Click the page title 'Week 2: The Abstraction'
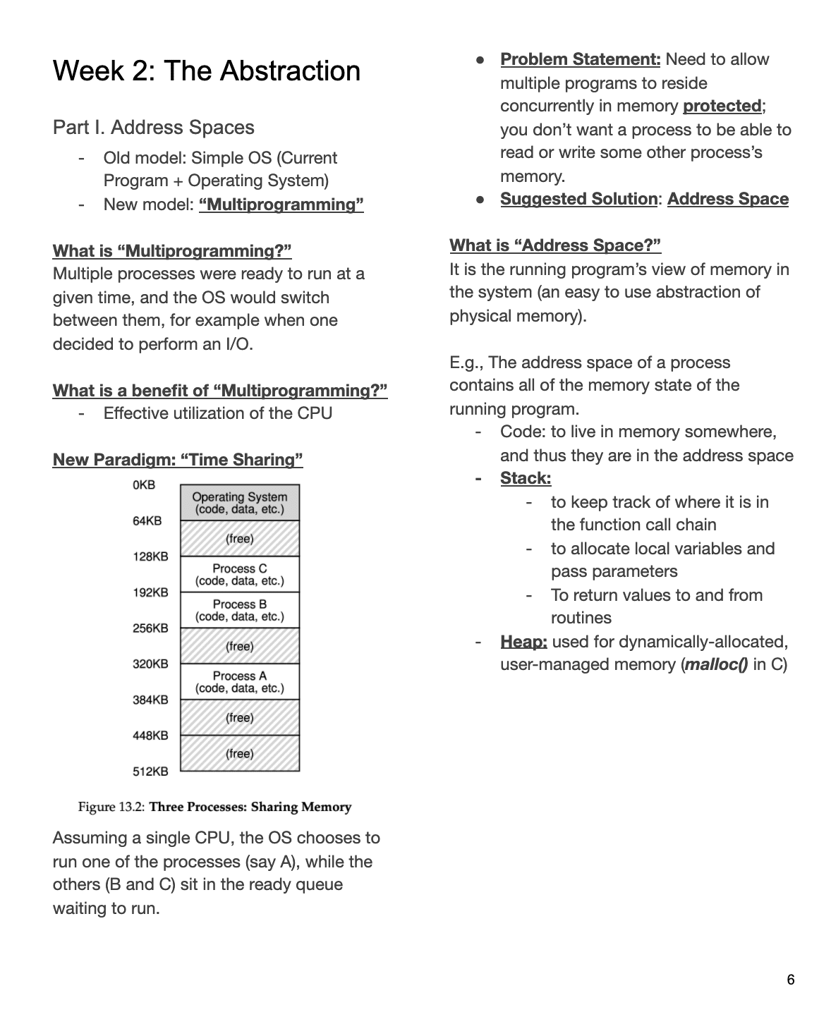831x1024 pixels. point(206,71)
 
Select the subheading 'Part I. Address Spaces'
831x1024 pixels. point(153,128)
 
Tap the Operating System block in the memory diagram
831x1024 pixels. point(240,503)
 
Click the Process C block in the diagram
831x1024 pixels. point(240,575)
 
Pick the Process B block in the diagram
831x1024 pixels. point(240,611)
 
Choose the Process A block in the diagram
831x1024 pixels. point(240,682)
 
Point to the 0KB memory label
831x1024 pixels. point(143,485)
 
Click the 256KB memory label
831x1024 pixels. point(150,628)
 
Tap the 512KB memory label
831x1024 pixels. point(150,772)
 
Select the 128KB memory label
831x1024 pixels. point(150,556)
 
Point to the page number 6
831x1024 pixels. point(790,980)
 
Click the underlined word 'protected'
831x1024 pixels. point(722,106)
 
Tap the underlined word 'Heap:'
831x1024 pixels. point(523,642)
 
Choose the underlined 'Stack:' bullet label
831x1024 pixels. point(526,478)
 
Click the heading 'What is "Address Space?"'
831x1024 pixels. point(555,245)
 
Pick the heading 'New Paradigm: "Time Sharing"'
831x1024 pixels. point(178,460)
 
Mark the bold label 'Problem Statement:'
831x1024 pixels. point(580,59)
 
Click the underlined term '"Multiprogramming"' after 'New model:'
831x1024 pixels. point(281,205)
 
